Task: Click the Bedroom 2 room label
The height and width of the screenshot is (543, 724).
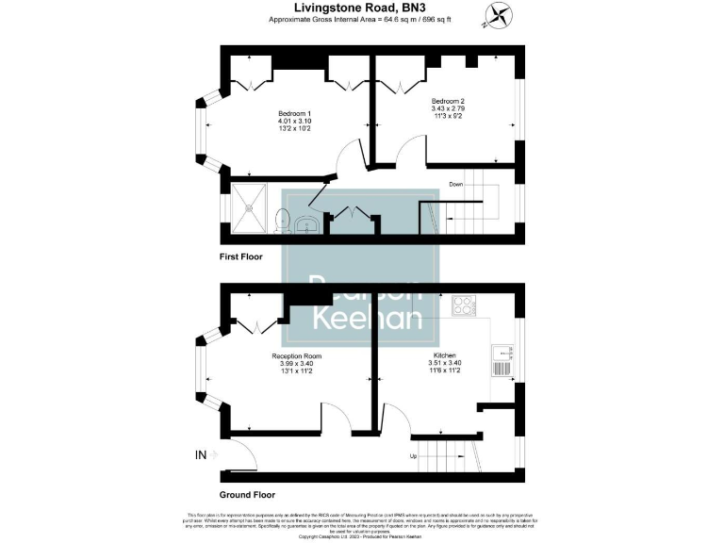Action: click(449, 101)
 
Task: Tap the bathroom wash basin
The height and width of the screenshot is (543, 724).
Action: click(307, 224)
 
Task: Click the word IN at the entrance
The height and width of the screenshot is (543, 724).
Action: click(201, 456)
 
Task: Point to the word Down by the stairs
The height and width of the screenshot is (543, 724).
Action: click(457, 184)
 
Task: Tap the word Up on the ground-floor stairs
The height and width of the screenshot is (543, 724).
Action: click(414, 456)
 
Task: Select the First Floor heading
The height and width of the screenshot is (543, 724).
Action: click(241, 256)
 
